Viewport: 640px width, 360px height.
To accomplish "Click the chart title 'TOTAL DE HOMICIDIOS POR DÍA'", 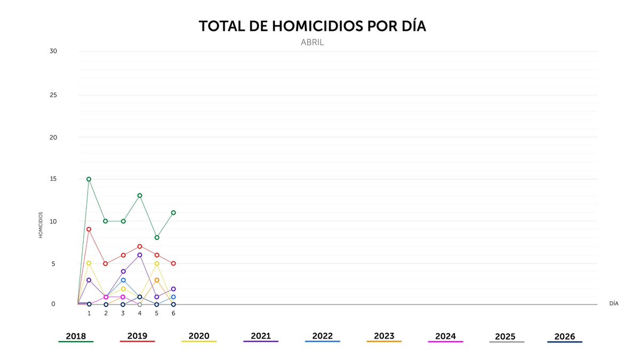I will (x=313, y=27).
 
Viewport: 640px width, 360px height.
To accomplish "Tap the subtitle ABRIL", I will (x=313, y=43).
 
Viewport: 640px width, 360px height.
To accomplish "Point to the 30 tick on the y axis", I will (x=53, y=51).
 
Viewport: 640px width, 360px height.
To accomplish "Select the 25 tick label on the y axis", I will (x=53, y=95).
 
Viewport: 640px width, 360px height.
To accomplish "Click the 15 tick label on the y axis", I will (x=53, y=179).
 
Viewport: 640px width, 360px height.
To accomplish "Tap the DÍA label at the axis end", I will (x=613, y=303).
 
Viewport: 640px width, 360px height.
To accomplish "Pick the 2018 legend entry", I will (x=76, y=337).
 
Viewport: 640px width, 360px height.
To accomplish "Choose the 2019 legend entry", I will (x=137, y=337).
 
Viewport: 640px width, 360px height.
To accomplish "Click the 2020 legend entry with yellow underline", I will (x=199, y=337).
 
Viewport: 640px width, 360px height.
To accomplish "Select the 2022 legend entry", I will (x=322, y=337).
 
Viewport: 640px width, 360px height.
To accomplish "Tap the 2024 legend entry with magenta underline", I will (x=445, y=337).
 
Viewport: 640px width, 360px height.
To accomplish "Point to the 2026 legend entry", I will (x=565, y=337).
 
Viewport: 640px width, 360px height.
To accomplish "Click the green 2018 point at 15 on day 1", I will (x=89, y=179).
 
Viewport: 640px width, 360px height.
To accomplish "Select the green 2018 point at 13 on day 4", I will (x=140, y=196).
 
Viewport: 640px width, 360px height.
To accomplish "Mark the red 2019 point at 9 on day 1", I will (x=89, y=229).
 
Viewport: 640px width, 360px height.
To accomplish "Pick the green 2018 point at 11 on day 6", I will (x=173, y=212).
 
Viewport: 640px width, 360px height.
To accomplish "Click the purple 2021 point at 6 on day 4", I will (x=140, y=255).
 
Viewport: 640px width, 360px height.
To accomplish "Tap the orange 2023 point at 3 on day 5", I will (x=157, y=280).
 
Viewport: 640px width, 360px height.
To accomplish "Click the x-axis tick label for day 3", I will (x=123, y=314).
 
